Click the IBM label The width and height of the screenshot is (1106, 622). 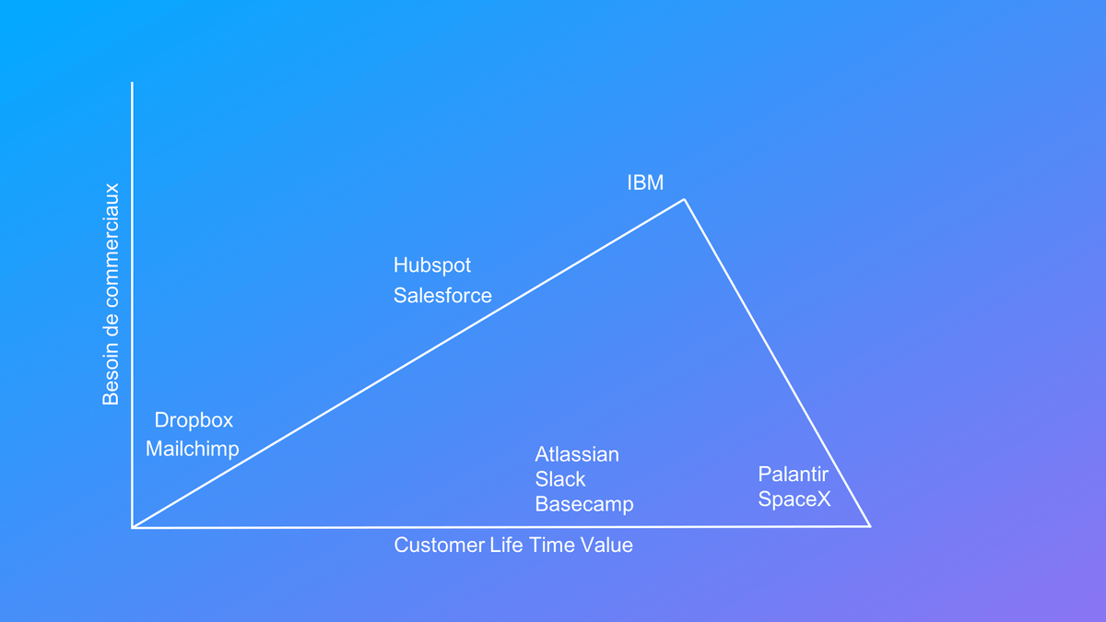tap(645, 182)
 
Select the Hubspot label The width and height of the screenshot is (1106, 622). tap(432, 265)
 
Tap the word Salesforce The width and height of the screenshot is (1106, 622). tap(442, 296)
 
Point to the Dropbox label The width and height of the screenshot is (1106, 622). tap(194, 420)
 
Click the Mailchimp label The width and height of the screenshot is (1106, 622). tap(192, 450)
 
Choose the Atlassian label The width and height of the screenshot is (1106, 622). tap(577, 454)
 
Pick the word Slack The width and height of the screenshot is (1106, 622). tap(560, 479)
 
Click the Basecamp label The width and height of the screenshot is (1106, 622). tap(584, 505)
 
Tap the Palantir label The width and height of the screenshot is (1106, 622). tap(793, 475)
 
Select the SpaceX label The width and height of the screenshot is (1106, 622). tap(794, 499)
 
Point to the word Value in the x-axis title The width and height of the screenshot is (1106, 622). tap(606, 546)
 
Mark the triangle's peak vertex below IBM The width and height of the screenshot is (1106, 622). tap(684, 199)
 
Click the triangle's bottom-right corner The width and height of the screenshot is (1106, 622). tap(870, 527)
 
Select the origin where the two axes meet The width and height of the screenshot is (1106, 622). tap(133, 527)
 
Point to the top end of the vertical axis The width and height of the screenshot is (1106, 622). tap(132, 82)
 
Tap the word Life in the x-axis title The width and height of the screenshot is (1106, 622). tap(507, 546)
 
